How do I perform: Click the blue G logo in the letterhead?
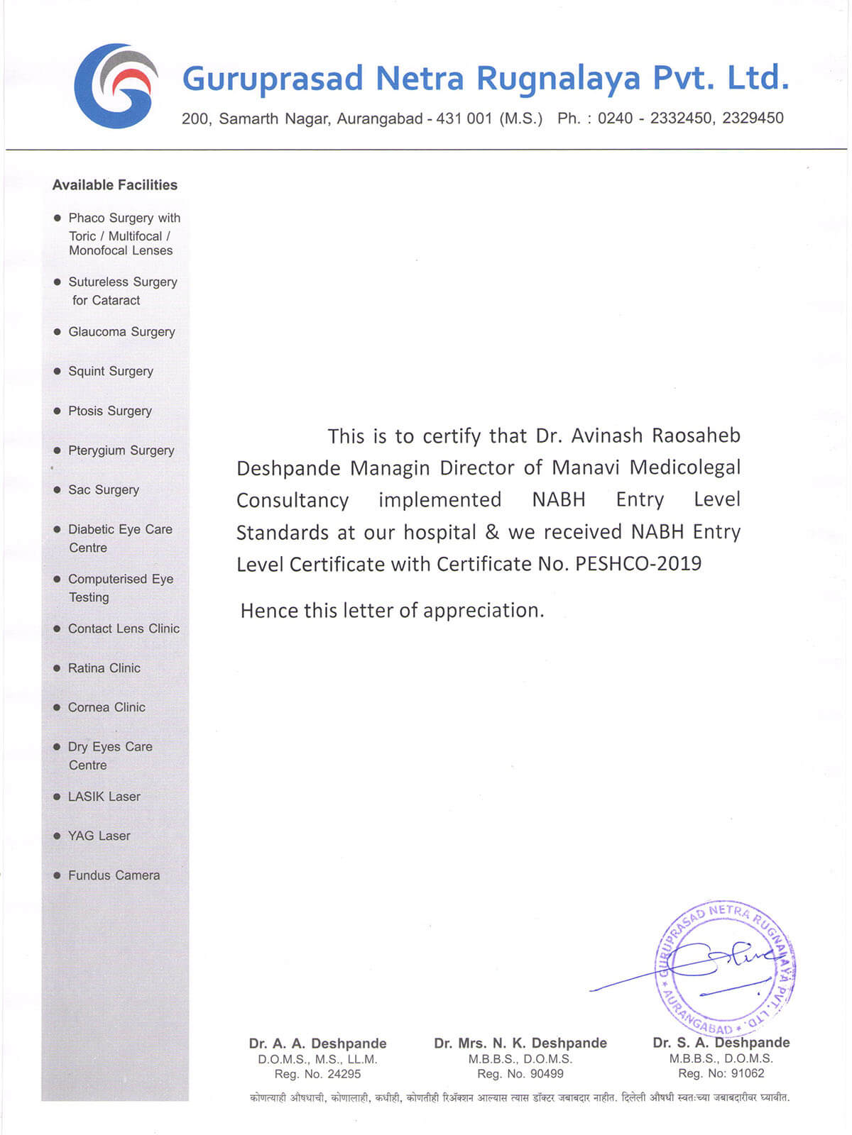pos(116,86)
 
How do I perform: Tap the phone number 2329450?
pos(753,118)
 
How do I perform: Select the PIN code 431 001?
pos(464,118)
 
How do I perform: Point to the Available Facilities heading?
pos(115,185)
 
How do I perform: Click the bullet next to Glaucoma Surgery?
pos(58,331)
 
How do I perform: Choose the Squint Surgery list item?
pos(110,371)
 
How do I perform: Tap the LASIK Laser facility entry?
pos(104,797)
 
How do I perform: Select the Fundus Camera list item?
pos(114,875)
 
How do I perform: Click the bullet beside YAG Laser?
pos(58,836)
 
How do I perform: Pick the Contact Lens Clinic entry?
pos(124,629)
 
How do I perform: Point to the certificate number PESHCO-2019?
pos(638,564)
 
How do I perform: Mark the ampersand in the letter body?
pos(492,532)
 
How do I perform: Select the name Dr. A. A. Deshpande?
pos(317,1043)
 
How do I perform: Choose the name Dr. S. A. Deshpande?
pos(721,1043)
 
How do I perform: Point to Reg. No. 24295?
pos(317,1074)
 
